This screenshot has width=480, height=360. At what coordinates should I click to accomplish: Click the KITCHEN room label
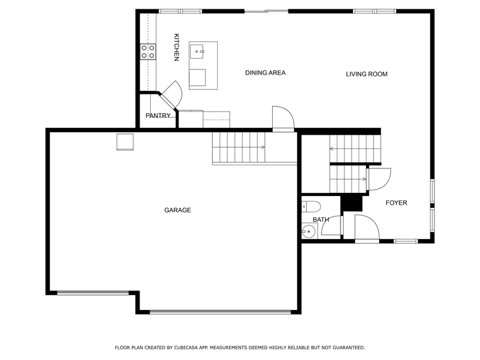(176, 47)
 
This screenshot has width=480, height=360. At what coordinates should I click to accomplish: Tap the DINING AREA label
(265, 73)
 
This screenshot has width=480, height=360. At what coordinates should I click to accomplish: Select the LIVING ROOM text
(367, 75)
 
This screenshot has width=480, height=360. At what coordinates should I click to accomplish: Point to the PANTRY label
(158, 116)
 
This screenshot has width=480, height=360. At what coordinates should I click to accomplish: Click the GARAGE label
(178, 210)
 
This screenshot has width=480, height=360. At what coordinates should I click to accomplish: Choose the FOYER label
(396, 203)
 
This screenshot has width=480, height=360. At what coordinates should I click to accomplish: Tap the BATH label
(320, 220)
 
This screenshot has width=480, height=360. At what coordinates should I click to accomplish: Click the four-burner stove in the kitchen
(148, 51)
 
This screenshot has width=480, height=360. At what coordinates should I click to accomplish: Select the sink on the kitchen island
(198, 49)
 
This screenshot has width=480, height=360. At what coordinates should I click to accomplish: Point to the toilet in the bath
(311, 206)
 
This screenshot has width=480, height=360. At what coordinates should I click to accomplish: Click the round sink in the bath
(307, 233)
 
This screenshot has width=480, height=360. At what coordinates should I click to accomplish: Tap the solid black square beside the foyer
(352, 203)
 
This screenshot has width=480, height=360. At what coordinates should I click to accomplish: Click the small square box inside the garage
(125, 142)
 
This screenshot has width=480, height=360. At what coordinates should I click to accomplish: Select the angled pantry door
(171, 95)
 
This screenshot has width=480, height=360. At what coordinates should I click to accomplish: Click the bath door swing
(332, 226)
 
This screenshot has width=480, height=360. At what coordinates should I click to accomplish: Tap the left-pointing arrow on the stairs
(332, 149)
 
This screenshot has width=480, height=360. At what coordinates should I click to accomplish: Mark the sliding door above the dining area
(266, 11)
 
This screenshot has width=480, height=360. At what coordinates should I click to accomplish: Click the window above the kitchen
(180, 11)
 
